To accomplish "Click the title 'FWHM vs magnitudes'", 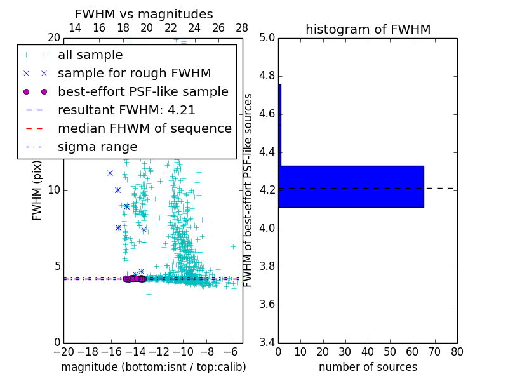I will coord(144,15).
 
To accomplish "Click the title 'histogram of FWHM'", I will coord(368,29).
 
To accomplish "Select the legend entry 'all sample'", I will coord(90,55).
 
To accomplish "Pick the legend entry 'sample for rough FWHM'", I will coord(134,73).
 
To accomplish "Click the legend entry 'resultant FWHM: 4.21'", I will coord(126,110).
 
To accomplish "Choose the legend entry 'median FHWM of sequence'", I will coord(144,128).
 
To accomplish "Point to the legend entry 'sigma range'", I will coord(97,147).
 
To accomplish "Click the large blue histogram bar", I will coord(351,186).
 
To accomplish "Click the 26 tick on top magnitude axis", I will coord(218,28).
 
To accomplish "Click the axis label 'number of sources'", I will coord(368,367).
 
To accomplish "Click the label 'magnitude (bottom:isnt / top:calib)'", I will coord(153,367).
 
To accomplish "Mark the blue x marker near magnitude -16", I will coord(110,173).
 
